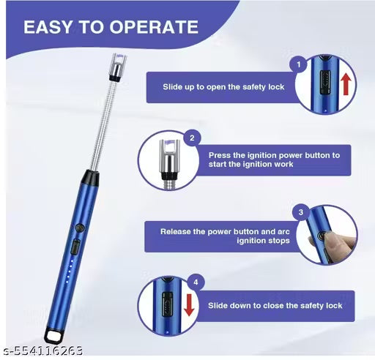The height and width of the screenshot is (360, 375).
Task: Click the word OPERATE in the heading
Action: pyautogui.click(x=154, y=27)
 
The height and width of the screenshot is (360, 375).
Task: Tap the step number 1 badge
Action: pyautogui.click(x=299, y=64)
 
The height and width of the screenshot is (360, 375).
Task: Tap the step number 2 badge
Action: pyautogui.click(x=192, y=138)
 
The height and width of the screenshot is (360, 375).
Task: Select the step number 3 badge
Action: pyautogui.click(x=301, y=212)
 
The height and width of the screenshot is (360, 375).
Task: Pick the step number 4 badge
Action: pyautogui.click(x=196, y=282)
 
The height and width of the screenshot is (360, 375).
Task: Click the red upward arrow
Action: pyautogui.click(x=346, y=84)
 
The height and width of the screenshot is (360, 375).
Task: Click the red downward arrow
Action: pyautogui.click(x=189, y=305)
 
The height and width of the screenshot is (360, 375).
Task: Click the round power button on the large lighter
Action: pyautogui.click(x=80, y=228)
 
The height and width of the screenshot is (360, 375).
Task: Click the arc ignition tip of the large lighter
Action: pyautogui.click(x=119, y=67)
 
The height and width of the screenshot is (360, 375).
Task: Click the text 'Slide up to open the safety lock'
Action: pyautogui.click(x=223, y=87)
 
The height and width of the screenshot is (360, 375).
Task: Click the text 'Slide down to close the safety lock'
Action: pyautogui.click(x=275, y=305)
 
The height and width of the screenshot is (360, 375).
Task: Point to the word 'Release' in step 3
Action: pyautogui.click(x=176, y=231)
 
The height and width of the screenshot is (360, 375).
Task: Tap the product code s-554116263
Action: pyautogui.click(x=43, y=350)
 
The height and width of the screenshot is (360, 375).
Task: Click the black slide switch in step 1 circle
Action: pyautogui.click(x=325, y=82)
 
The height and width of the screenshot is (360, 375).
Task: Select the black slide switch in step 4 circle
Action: pyautogui.click(x=167, y=304)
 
